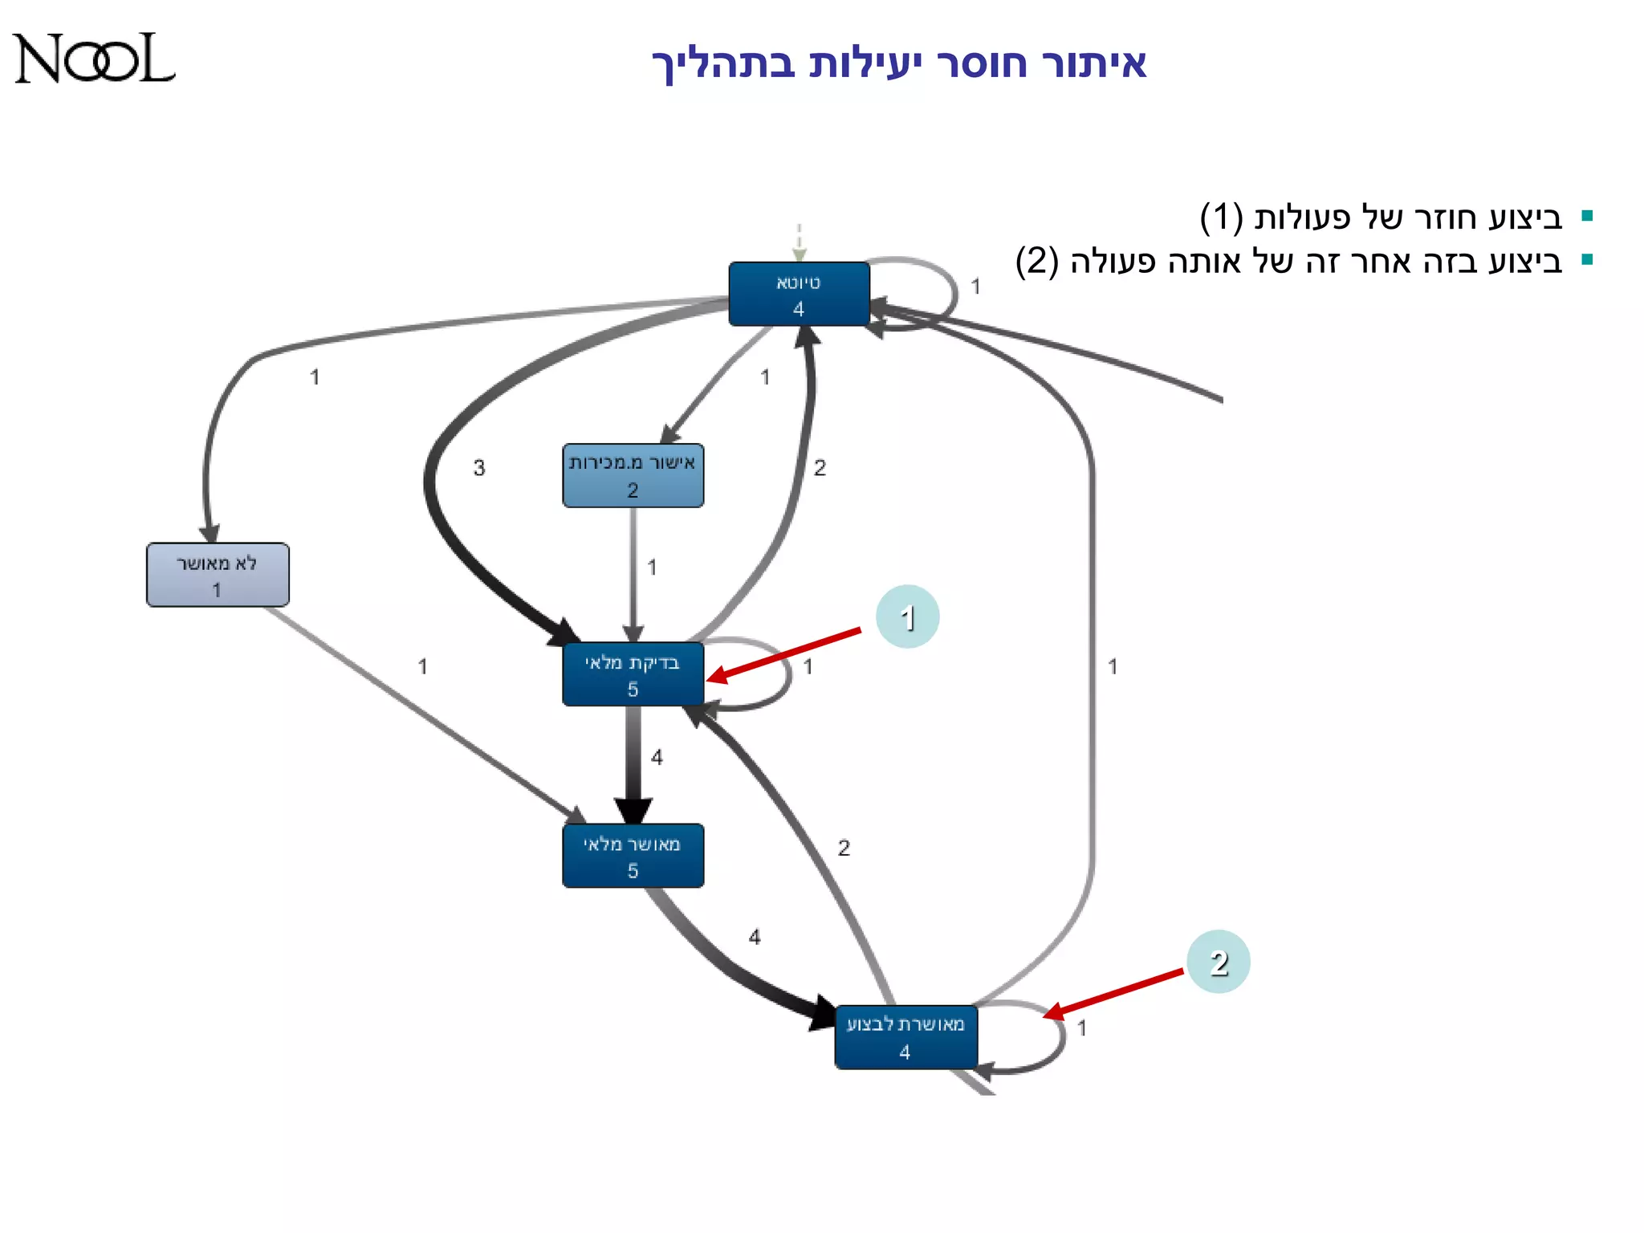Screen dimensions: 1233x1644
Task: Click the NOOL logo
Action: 94,59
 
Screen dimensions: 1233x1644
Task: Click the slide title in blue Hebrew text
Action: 898,63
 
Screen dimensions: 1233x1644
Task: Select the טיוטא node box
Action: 799,294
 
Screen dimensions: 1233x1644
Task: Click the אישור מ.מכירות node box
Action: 633,475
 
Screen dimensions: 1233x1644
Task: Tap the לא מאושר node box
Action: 218,575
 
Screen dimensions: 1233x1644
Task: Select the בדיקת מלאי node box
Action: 633,674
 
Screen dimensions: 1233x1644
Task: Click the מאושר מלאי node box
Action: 633,856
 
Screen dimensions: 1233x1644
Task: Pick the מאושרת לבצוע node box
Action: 905,1037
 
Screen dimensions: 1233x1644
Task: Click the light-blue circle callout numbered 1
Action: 907,617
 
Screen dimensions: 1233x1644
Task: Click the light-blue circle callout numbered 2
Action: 1219,962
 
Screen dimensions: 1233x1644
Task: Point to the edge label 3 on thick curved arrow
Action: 479,467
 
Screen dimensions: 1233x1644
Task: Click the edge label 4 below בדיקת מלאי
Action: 657,757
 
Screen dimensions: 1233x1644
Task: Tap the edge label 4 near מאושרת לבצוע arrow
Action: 755,937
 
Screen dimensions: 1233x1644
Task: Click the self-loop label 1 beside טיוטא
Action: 975,287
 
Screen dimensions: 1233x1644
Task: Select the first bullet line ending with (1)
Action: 1381,218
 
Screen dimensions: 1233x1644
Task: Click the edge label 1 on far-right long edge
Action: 1113,666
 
